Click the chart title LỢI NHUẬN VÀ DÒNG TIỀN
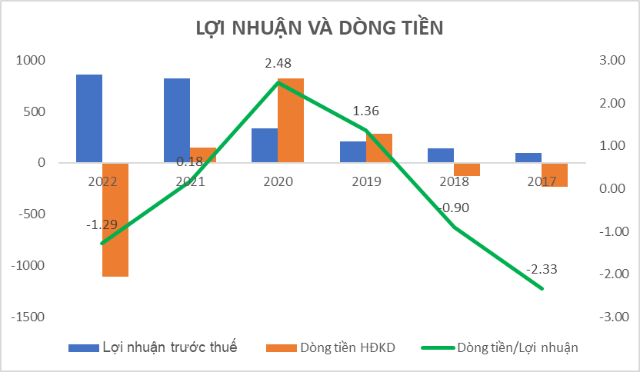[x=319, y=28]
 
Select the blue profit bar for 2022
[x=89, y=118]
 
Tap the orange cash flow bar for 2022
[x=115, y=219]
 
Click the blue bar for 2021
[x=177, y=120]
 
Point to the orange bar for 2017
[x=555, y=174]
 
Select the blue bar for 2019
[x=352, y=151]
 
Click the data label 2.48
[x=278, y=63]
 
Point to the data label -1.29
[x=102, y=224]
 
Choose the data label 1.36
[x=365, y=111]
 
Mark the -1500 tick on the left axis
[x=28, y=317]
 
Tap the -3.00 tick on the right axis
[x=612, y=317]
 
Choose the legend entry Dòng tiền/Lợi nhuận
[x=500, y=347]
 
